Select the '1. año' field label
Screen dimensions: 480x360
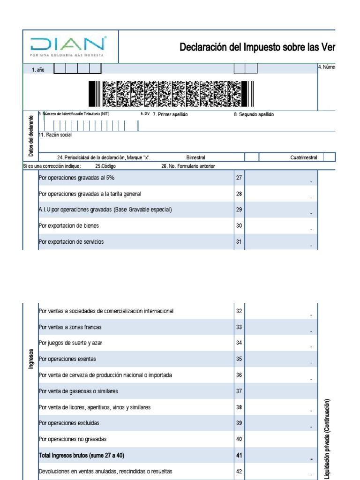[38, 69]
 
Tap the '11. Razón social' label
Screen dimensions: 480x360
[55, 135]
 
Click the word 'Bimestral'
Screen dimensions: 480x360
[195, 157]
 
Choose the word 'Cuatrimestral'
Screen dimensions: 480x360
[303, 157]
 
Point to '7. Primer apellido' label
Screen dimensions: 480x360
[170, 114]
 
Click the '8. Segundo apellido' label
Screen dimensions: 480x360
[254, 114]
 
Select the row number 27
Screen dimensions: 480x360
[239, 178]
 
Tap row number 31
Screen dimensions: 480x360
[239, 242]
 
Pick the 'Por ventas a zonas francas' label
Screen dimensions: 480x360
[70, 327]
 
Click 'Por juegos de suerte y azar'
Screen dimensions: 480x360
[70, 343]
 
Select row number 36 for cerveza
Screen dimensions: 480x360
[239, 375]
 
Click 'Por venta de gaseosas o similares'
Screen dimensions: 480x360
[78, 391]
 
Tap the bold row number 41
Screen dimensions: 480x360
[239, 455]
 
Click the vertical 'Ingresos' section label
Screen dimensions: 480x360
[31, 359]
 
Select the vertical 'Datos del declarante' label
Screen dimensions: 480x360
[31, 136]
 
